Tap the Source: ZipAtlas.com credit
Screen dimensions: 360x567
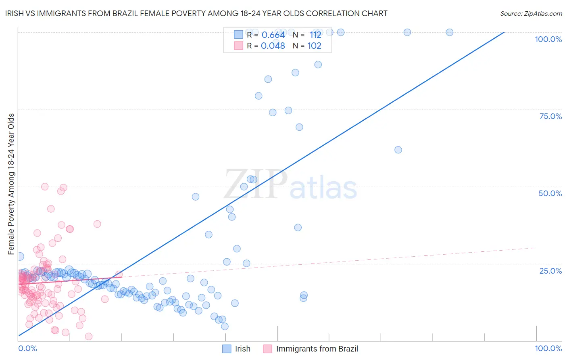[531, 13]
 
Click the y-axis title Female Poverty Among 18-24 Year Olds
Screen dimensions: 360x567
[11, 184]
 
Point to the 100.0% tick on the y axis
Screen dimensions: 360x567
[548, 39]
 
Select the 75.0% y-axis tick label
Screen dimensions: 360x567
[550, 116]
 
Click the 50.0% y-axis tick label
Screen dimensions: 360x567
[550, 193]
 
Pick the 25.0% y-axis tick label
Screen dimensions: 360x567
[550, 271]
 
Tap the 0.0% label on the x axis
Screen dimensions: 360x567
[27, 348]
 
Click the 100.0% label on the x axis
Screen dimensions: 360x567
[548, 348]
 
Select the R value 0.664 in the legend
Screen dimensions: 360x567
[273, 35]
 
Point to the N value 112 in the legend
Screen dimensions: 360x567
[315, 35]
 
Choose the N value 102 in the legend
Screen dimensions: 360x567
[314, 46]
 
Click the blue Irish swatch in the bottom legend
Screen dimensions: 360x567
[227, 349]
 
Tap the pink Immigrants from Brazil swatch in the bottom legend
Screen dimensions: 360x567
[268, 349]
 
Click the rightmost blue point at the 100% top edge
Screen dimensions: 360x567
[449, 32]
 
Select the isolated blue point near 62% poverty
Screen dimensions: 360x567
[398, 150]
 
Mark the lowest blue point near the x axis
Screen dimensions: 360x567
[225, 327]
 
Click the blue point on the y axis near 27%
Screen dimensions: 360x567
[20, 257]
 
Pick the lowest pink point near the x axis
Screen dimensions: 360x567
[89, 337]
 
